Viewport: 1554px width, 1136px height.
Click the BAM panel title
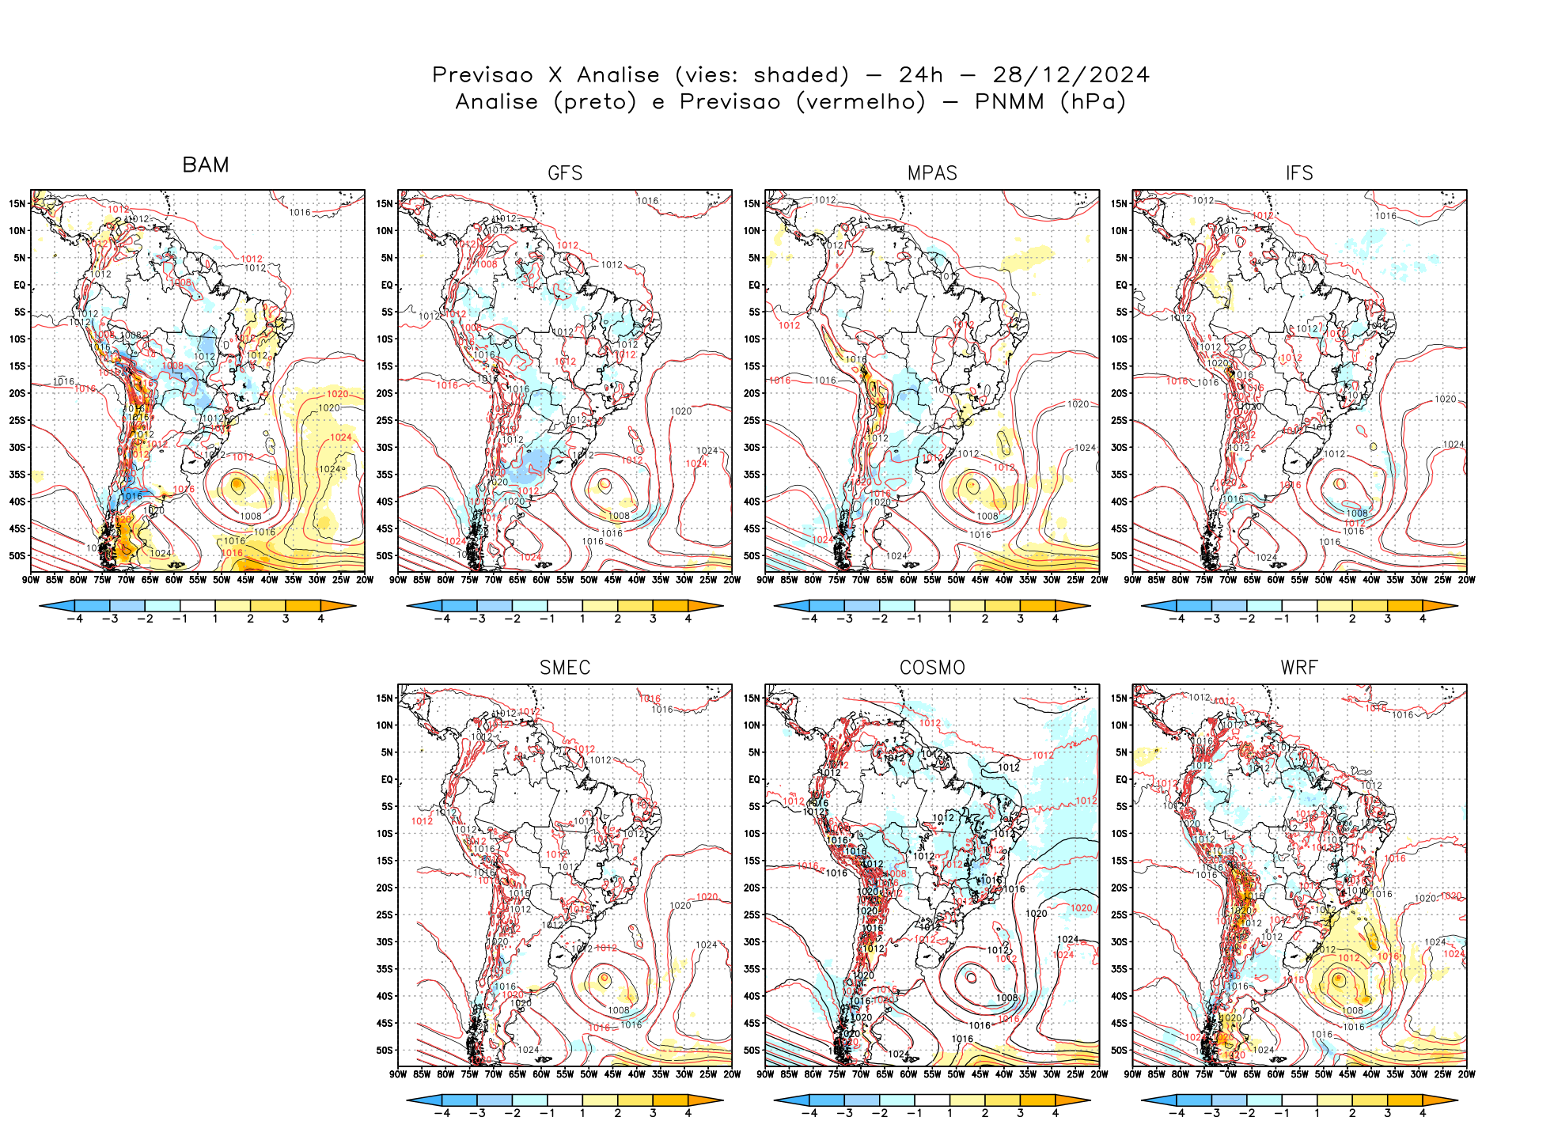pyautogui.click(x=206, y=165)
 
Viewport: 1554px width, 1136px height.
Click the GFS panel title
pyautogui.click(x=565, y=173)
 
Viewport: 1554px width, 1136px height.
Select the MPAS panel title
pyautogui.click(x=932, y=173)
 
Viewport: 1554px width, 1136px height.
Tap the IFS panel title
pyautogui.click(x=1299, y=173)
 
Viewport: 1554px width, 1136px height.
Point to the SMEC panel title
pyautogui.click(x=565, y=668)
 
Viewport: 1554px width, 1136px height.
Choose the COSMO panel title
pyautogui.click(x=932, y=668)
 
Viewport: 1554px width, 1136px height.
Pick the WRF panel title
pyautogui.click(x=1299, y=668)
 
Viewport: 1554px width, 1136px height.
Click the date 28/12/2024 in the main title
pyautogui.click(x=1071, y=75)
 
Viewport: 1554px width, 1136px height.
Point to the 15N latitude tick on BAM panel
pyautogui.click(x=17, y=203)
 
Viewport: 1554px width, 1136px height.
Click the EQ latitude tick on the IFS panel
pyautogui.click(x=1121, y=285)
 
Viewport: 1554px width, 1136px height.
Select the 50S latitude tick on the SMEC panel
pyautogui.click(x=385, y=1051)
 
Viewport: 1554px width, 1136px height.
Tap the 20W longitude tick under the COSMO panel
pyautogui.click(x=1099, y=1074)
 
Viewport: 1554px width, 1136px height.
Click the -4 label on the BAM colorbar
pyautogui.click(x=74, y=619)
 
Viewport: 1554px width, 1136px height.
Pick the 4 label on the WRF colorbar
pyautogui.click(x=1423, y=1114)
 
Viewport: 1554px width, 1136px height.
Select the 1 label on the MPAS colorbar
pyautogui.click(x=949, y=619)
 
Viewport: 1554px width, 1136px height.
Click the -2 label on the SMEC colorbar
pyautogui.click(x=513, y=1114)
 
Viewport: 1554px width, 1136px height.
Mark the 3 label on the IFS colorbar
pyautogui.click(x=1387, y=619)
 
